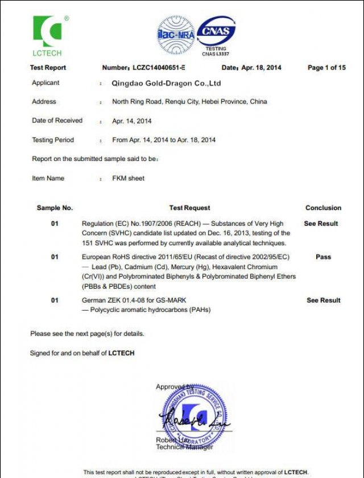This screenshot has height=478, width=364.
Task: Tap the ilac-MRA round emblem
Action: pyautogui.click(x=176, y=35)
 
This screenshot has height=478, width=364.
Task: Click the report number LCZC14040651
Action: pyautogui.click(x=160, y=68)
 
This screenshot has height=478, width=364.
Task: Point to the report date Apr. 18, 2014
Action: pyautogui.click(x=261, y=68)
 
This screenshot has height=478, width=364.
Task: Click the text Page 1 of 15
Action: pyautogui.click(x=326, y=68)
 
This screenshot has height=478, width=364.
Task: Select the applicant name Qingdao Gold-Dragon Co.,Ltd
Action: pyautogui.click(x=166, y=83)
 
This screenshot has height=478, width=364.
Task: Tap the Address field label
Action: pyautogui.click(x=44, y=102)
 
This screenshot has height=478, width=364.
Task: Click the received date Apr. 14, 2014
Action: pyautogui.click(x=132, y=121)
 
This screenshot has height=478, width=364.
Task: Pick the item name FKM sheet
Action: pyautogui.click(x=129, y=178)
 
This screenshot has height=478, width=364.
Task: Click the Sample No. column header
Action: pyautogui.click(x=55, y=208)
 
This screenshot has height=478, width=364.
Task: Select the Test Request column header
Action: pyautogui.click(x=189, y=208)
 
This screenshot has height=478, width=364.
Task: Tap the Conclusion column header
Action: pyautogui.click(x=323, y=208)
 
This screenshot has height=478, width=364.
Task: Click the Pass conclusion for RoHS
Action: pyautogui.click(x=323, y=257)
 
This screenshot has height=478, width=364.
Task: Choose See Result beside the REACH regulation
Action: pyautogui.click(x=321, y=224)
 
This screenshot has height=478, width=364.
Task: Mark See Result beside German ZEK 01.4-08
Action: pyautogui.click(x=324, y=300)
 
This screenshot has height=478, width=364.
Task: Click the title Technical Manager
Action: pyautogui.click(x=185, y=447)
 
